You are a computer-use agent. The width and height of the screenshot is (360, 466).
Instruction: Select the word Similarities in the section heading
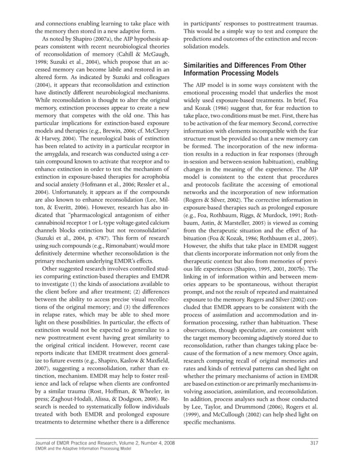pyautogui.click(x=206, y=65)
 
